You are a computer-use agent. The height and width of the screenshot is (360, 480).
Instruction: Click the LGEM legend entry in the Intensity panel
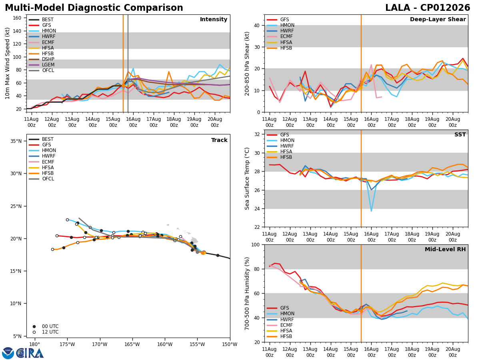pos(42,65)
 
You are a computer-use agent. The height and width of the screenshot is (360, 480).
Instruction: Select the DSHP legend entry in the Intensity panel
pos(42,59)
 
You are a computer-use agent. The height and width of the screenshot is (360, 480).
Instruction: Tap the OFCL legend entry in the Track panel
pos(42,179)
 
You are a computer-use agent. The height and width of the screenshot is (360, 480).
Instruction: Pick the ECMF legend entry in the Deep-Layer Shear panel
pos(280,36)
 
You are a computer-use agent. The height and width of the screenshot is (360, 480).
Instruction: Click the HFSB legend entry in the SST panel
pos(280,157)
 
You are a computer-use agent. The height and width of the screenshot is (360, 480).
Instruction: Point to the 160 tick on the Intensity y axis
pos(17,18)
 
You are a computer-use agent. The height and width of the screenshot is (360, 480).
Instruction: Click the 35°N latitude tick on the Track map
pos(16,141)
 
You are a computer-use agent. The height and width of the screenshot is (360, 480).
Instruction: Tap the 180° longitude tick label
pos(35,344)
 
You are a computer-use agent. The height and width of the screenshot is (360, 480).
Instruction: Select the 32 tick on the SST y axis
pos(257,134)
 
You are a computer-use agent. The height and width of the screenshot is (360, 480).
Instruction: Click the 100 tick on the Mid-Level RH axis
pos(256,244)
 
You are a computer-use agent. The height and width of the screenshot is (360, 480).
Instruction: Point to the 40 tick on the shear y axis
pos(257,25)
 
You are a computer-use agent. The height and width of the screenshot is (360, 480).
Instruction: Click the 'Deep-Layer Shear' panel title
pos(438,19)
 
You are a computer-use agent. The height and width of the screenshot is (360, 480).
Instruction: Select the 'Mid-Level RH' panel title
pos(445,249)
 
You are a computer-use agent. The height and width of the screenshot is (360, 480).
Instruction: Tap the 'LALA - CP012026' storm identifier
pos(428,8)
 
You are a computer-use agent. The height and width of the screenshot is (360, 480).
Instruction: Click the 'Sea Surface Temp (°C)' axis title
pos(247,178)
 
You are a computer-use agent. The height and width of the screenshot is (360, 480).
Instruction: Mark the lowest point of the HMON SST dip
pos(371,211)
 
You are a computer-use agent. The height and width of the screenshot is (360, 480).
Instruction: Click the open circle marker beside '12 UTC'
pos(34,332)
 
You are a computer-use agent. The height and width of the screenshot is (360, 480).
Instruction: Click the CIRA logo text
pos(30,353)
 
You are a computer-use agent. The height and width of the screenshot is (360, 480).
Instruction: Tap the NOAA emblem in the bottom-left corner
pos(8,353)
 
